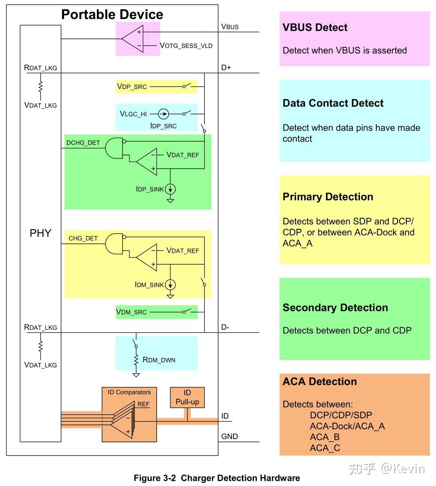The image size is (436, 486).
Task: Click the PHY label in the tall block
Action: [x=41, y=233]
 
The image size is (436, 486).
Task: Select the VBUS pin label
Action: [x=229, y=27]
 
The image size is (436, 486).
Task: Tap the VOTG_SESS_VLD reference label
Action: [x=186, y=45]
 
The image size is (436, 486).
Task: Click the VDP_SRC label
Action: [x=132, y=87]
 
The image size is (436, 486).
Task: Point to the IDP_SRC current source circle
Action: [x=164, y=114]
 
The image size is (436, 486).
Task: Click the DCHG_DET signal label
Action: [x=83, y=143]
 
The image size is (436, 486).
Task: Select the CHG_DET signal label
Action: [x=83, y=239]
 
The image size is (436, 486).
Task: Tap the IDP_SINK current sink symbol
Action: [x=170, y=189]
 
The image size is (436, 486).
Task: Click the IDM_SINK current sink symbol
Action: [x=170, y=285]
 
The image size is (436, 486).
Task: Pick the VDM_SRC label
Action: [x=131, y=312]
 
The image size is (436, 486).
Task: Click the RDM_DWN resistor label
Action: [x=159, y=360]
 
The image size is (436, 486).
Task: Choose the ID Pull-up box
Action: [x=187, y=397]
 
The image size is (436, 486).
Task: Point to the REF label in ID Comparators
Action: [x=144, y=404]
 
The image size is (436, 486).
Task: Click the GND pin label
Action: [x=229, y=437]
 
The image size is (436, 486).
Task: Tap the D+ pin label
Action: [x=226, y=68]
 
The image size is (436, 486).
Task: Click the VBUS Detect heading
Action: [x=315, y=27]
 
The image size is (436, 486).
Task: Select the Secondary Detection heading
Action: [x=335, y=308]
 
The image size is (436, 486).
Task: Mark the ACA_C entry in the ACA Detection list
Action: [x=325, y=448]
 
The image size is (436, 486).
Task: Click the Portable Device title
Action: [x=112, y=14]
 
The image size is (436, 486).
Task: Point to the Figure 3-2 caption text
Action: [x=217, y=478]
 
